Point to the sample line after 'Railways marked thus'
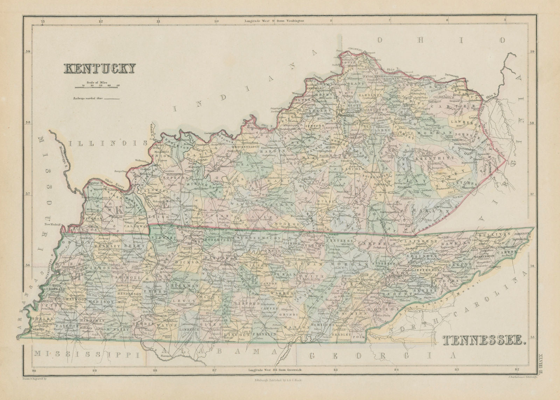[112, 99]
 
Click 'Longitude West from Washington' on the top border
[274, 21]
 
